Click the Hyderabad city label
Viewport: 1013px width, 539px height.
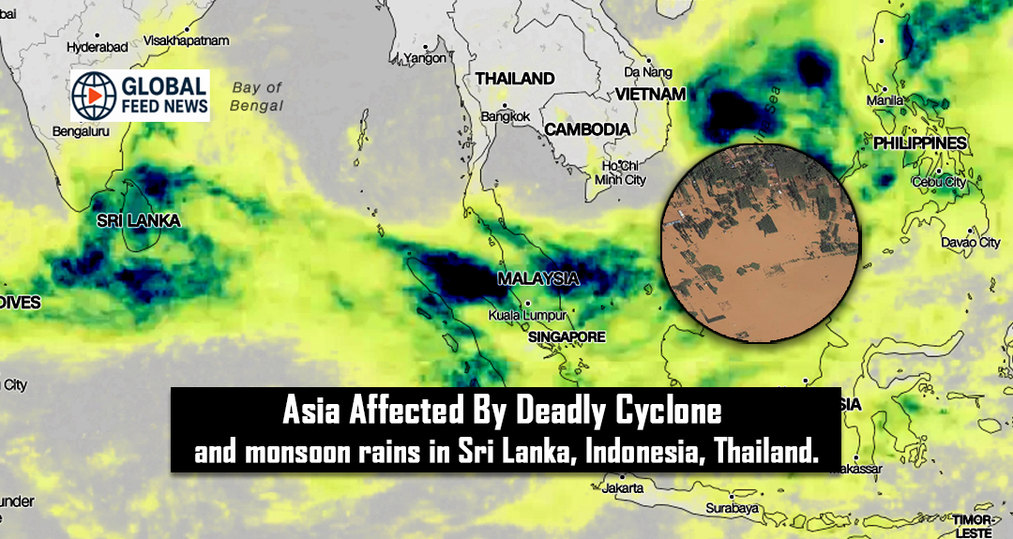tap(98, 46)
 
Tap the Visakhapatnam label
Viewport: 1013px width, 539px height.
tap(187, 40)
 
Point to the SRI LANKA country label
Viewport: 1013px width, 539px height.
tap(138, 221)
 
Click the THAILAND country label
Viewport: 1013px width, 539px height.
tap(515, 79)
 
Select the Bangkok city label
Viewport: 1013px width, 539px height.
tap(506, 116)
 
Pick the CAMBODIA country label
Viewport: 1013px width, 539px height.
tap(587, 128)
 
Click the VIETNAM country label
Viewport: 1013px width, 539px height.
tap(650, 94)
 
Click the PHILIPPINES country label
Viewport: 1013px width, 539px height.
tap(919, 143)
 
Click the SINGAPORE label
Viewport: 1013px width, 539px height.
tap(567, 337)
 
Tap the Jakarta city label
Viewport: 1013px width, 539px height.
tap(624, 488)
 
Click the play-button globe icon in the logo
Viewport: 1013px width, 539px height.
tap(95, 95)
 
